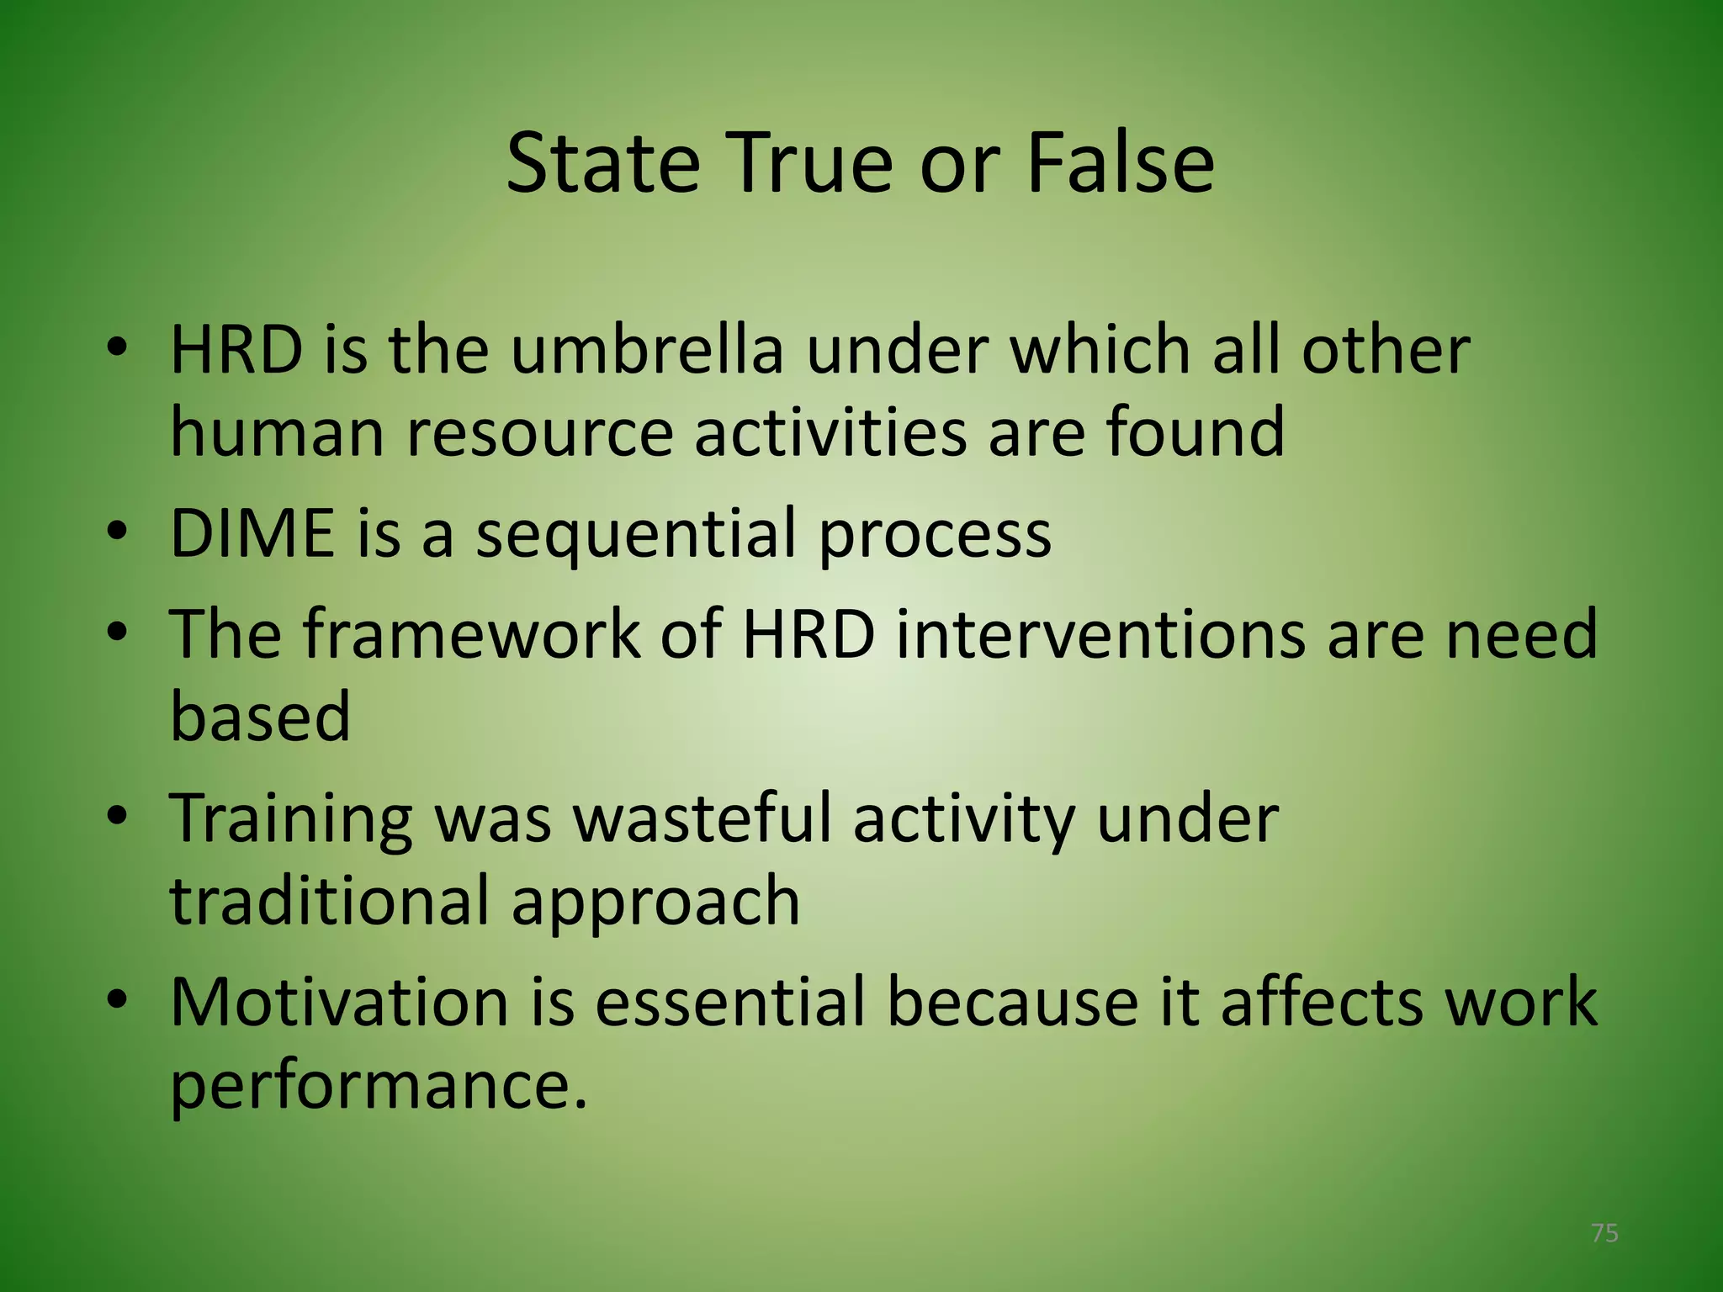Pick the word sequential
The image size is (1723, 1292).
pyautogui.click(x=637, y=535)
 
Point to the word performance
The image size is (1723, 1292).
pyautogui.click(x=378, y=1085)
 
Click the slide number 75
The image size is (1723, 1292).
pyautogui.click(x=1604, y=1233)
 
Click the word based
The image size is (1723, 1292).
pyautogui.click(x=260, y=716)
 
